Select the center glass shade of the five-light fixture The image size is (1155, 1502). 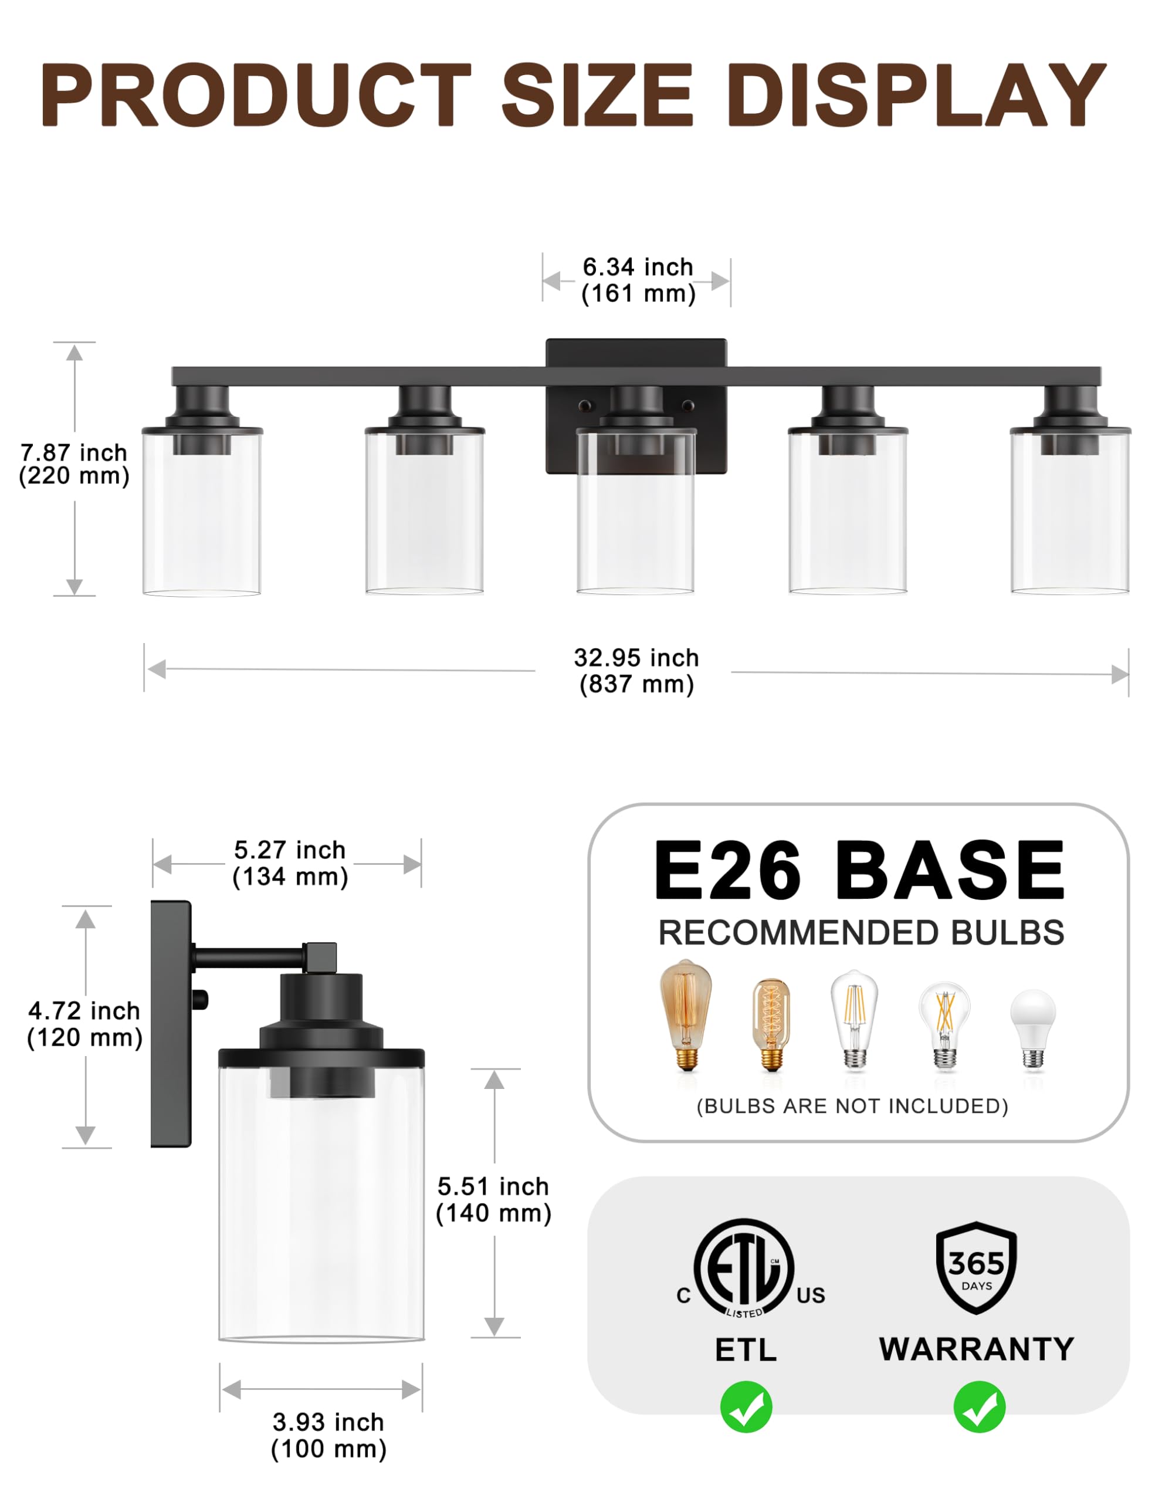[x=635, y=523]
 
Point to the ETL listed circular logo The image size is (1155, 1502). [x=744, y=1267]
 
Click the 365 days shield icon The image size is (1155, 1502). [x=976, y=1267]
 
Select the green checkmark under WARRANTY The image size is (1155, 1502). [x=979, y=1407]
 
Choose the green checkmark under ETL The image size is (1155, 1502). [x=746, y=1407]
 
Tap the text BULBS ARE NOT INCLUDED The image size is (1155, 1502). [x=852, y=1106]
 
